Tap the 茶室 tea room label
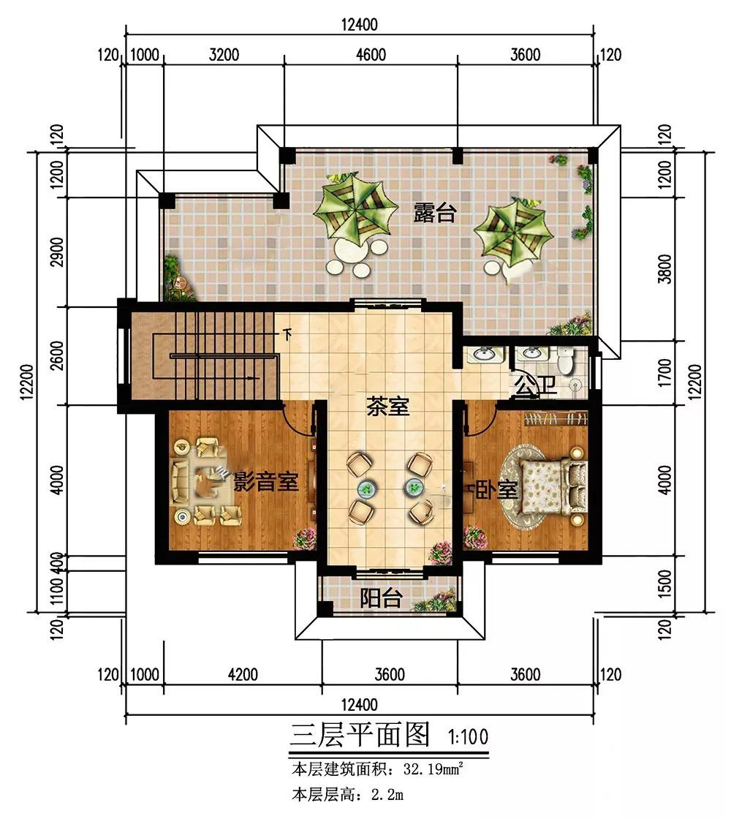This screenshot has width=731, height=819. click(387, 406)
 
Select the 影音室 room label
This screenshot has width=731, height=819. click(266, 481)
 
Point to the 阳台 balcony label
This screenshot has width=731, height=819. click(381, 598)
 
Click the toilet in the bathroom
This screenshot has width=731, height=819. click(566, 360)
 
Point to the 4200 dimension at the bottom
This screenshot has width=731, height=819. click(243, 674)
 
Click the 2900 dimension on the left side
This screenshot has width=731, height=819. click(58, 252)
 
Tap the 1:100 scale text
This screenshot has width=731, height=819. click(468, 737)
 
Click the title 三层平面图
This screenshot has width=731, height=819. click(360, 734)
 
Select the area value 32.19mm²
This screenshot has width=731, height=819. click(433, 769)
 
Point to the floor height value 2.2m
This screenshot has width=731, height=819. click(387, 795)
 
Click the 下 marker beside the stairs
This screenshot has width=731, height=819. click(287, 334)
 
